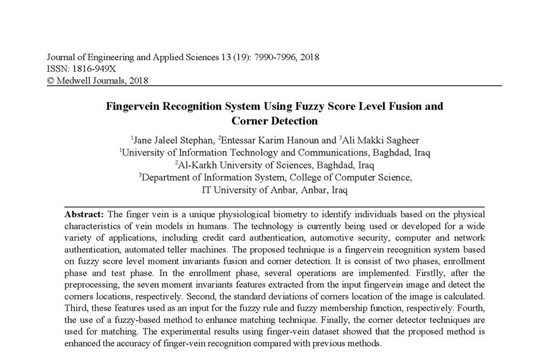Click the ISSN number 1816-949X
pyautogui.click(x=92, y=69)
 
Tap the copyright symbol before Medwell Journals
pyautogui.click(x=50, y=80)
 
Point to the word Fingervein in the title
pyautogui.click(x=133, y=106)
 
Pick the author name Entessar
pyautogui.click(x=239, y=140)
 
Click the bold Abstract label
pyautogui.click(x=84, y=214)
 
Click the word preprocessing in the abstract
pyautogui.click(x=91, y=284)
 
